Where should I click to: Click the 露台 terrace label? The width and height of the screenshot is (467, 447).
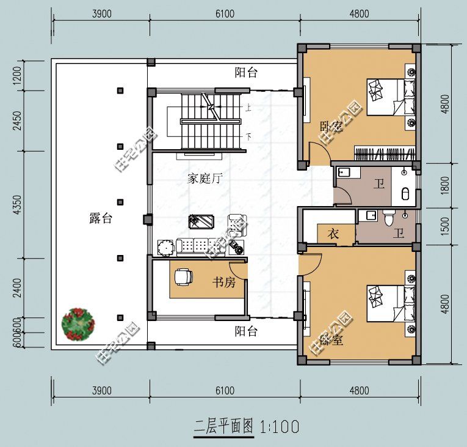[101, 219]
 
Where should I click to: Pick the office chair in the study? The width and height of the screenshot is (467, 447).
[183, 277]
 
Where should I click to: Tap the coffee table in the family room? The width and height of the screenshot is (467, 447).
[201, 221]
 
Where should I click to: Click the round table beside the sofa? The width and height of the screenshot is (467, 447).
[165, 248]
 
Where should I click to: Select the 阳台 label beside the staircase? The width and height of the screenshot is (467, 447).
[246, 73]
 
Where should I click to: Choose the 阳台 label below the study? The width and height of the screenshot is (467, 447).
[246, 332]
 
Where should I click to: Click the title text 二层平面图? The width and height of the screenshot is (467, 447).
[223, 426]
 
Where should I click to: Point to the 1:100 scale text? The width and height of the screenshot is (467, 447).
[280, 426]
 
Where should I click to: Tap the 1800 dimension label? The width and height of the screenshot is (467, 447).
[445, 185]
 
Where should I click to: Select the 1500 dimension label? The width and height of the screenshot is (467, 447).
[445, 225]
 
